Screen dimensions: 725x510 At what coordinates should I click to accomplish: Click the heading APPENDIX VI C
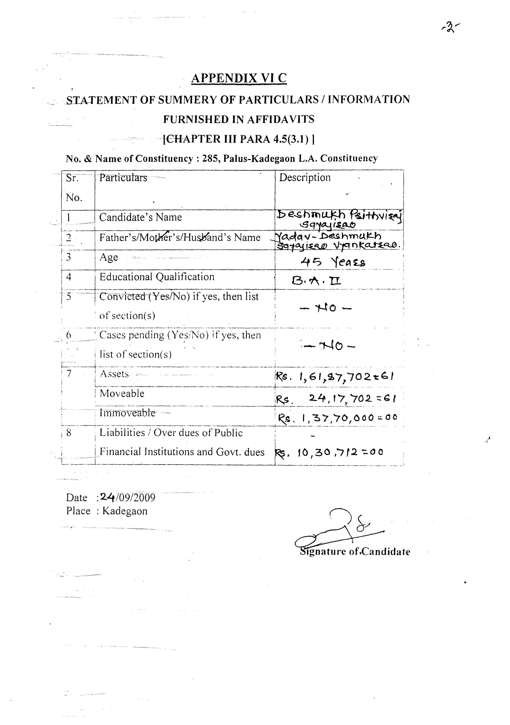coord(239,78)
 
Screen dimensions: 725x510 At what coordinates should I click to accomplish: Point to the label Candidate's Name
coord(140,217)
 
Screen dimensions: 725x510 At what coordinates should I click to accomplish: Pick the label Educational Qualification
coord(157,277)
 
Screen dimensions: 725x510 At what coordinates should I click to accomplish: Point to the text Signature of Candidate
coord(355,552)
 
